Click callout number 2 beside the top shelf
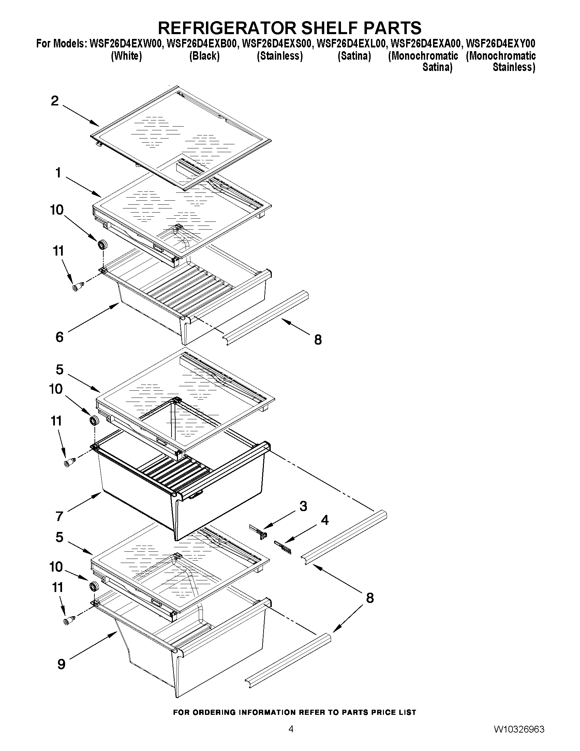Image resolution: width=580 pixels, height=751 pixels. (55, 101)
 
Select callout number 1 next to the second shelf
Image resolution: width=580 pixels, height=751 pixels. (58, 173)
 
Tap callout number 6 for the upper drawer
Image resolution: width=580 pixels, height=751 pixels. (59, 337)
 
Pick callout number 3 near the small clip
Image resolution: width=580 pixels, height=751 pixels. (303, 506)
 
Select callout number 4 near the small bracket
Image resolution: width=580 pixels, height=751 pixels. (324, 520)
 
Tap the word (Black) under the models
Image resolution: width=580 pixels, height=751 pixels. (204, 56)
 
